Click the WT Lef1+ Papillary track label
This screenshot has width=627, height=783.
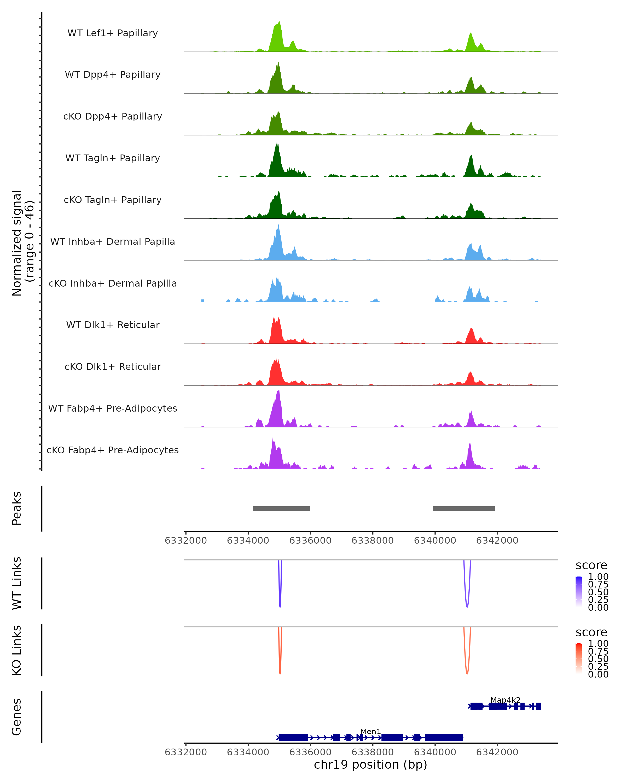pyautogui.click(x=113, y=33)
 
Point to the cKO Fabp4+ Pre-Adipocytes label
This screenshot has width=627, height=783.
pyautogui.click(x=113, y=450)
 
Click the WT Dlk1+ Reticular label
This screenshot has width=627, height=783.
pyautogui.click(x=113, y=325)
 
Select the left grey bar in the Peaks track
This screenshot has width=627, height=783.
pyautogui.click(x=281, y=508)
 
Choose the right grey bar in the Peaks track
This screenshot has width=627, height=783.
pyautogui.click(x=463, y=508)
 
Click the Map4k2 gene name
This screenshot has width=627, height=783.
pyautogui.click(x=505, y=700)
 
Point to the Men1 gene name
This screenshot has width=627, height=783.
pyautogui.click(x=370, y=731)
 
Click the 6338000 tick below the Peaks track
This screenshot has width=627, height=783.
pyautogui.click(x=373, y=541)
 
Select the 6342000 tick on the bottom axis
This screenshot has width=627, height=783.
pyautogui.click(x=497, y=752)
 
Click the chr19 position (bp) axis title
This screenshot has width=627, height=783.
pyautogui.click(x=370, y=765)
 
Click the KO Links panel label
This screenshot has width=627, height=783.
pyautogui.click(x=17, y=650)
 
